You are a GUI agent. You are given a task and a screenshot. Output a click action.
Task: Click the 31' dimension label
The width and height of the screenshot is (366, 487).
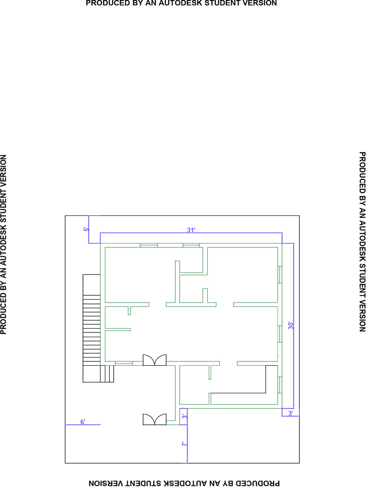pos(191,230)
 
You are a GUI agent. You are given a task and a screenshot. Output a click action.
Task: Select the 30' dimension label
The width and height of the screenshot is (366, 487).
pos(291,325)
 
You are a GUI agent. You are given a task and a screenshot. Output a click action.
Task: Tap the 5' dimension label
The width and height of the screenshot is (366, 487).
pos(86,229)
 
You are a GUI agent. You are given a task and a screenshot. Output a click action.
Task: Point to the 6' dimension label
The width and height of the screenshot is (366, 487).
pos(83,422)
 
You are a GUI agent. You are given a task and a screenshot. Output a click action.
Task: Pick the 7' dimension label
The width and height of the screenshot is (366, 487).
pos(184,444)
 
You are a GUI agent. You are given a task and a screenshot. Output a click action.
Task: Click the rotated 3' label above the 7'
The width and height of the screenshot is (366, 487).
pos(184,416)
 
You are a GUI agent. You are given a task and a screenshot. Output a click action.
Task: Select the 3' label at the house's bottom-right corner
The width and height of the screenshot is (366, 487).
pos(290,413)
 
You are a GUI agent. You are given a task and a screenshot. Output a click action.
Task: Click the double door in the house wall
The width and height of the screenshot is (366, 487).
pos(154,360)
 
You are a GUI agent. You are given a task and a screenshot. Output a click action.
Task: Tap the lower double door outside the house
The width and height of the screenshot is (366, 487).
pos(154,419)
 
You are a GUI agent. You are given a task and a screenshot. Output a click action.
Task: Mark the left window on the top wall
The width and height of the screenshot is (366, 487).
pos(149,245)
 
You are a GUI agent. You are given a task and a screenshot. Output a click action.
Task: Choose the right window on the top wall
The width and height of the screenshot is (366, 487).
pos(191,245)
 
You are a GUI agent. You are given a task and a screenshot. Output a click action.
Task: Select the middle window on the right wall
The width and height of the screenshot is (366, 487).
pos(280,334)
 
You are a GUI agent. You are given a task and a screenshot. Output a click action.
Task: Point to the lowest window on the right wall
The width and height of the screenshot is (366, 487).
pos(280,385)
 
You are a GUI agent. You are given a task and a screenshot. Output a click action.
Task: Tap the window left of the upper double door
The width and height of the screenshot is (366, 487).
pos(124,363)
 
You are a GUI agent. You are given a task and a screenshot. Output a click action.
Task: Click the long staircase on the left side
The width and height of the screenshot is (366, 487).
pos(91,320)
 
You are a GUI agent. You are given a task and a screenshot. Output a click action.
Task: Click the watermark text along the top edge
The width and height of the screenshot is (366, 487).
pos(182,3)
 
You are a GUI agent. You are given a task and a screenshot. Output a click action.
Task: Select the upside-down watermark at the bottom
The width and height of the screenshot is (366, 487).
pos(184,483)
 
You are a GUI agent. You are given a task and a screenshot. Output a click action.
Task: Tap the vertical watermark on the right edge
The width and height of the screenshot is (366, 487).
pos(362,242)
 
